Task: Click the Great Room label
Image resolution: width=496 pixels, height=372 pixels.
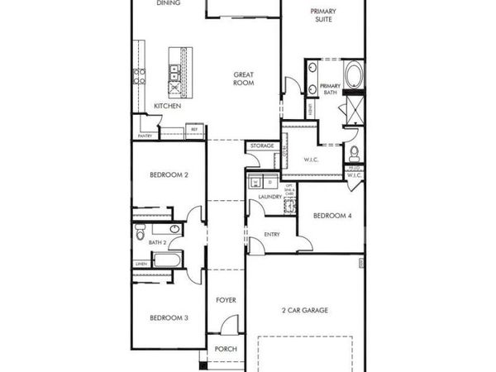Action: (243, 79)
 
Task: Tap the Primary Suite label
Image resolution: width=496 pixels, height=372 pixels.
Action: (322, 15)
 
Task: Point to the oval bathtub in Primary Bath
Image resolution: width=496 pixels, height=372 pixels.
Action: (354, 74)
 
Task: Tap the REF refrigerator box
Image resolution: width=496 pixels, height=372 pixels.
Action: (194, 129)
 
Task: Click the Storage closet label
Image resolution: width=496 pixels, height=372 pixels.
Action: (262, 146)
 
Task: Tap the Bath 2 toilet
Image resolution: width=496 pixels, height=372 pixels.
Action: (174, 230)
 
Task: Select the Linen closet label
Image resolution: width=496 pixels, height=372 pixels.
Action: (141, 264)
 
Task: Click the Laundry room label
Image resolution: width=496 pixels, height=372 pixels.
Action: (270, 197)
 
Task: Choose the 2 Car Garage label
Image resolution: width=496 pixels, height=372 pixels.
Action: (306, 310)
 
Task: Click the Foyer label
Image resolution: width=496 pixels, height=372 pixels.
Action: (226, 299)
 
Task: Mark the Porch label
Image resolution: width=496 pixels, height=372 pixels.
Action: (226, 349)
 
